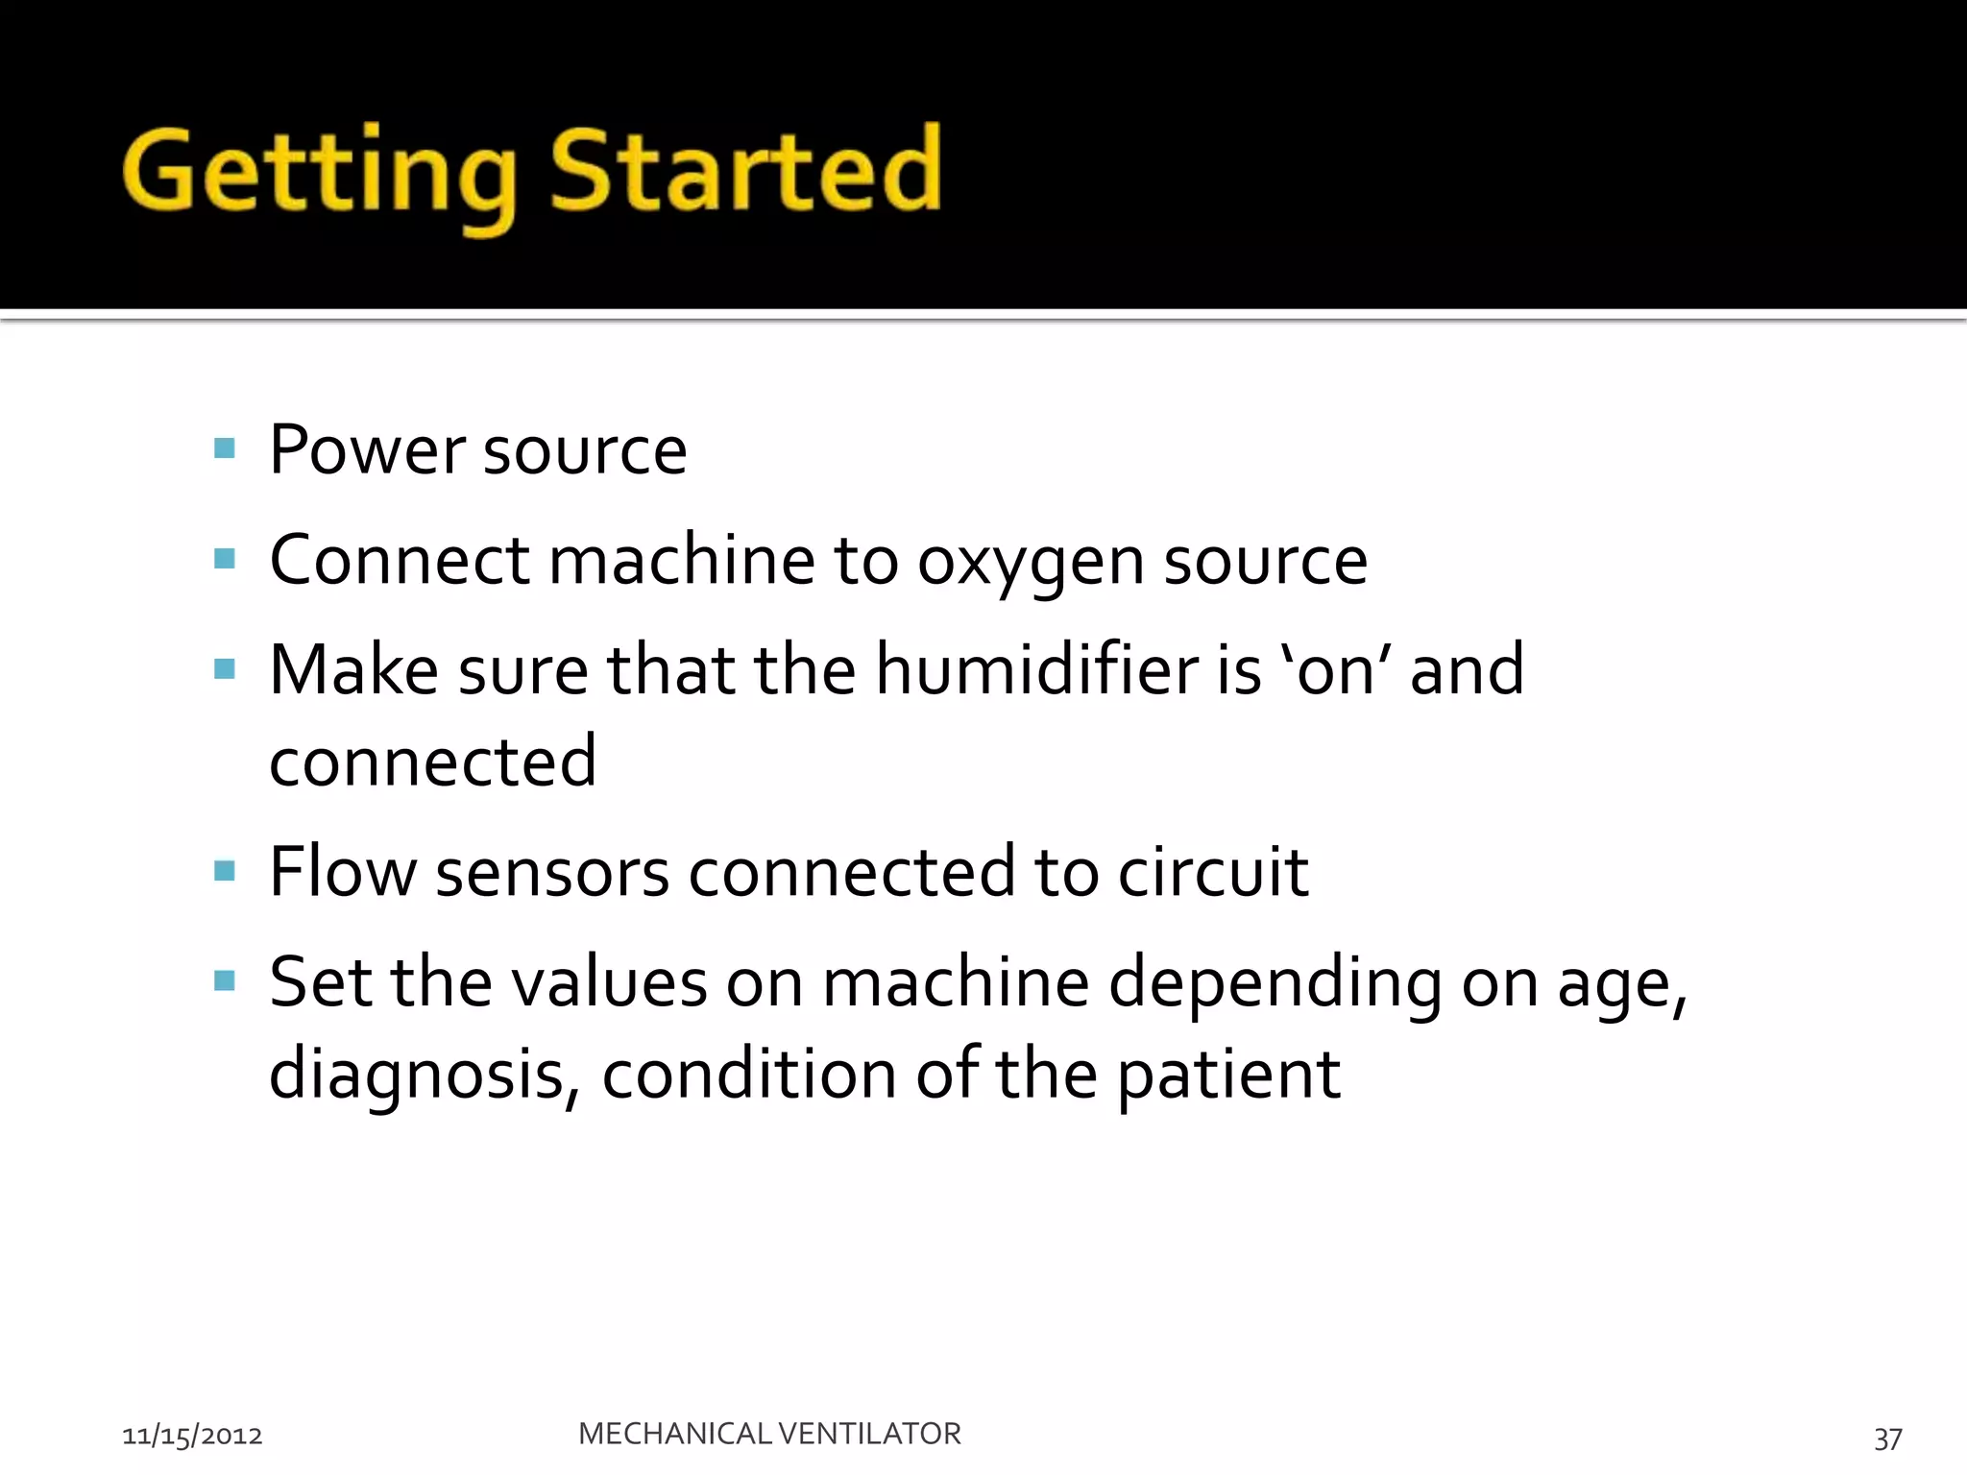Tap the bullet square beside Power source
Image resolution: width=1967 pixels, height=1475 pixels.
click(x=225, y=448)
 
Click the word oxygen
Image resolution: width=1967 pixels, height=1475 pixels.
click(x=1031, y=561)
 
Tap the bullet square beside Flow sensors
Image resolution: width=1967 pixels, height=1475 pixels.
click(x=225, y=871)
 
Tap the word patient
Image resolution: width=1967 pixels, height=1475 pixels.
click(x=1227, y=1075)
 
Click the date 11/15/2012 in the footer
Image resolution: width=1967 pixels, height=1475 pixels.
click(x=192, y=1436)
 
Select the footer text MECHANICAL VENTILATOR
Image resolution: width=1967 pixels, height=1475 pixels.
click(x=769, y=1434)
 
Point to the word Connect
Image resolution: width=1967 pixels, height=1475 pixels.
click(x=399, y=561)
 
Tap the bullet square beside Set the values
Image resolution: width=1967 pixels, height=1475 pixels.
click(x=225, y=980)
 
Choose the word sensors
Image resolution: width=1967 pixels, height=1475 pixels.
click(x=552, y=872)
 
